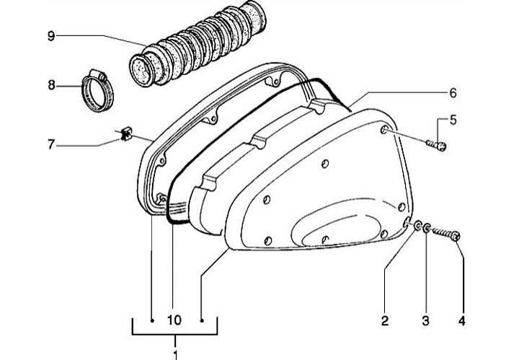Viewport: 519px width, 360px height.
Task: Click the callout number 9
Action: [51, 36]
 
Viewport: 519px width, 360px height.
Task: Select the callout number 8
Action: [51, 85]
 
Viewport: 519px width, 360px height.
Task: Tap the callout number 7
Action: [50, 144]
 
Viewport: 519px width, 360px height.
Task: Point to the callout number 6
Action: [453, 93]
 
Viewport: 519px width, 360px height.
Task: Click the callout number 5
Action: [453, 120]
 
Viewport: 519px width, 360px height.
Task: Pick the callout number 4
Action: [462, 320]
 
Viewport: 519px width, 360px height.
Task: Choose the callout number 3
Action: [425, 320]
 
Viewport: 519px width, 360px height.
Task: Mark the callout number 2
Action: [384, 320]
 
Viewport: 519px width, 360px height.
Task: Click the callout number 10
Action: [174, 320]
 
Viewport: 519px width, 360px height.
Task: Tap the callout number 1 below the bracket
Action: [175, 355]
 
